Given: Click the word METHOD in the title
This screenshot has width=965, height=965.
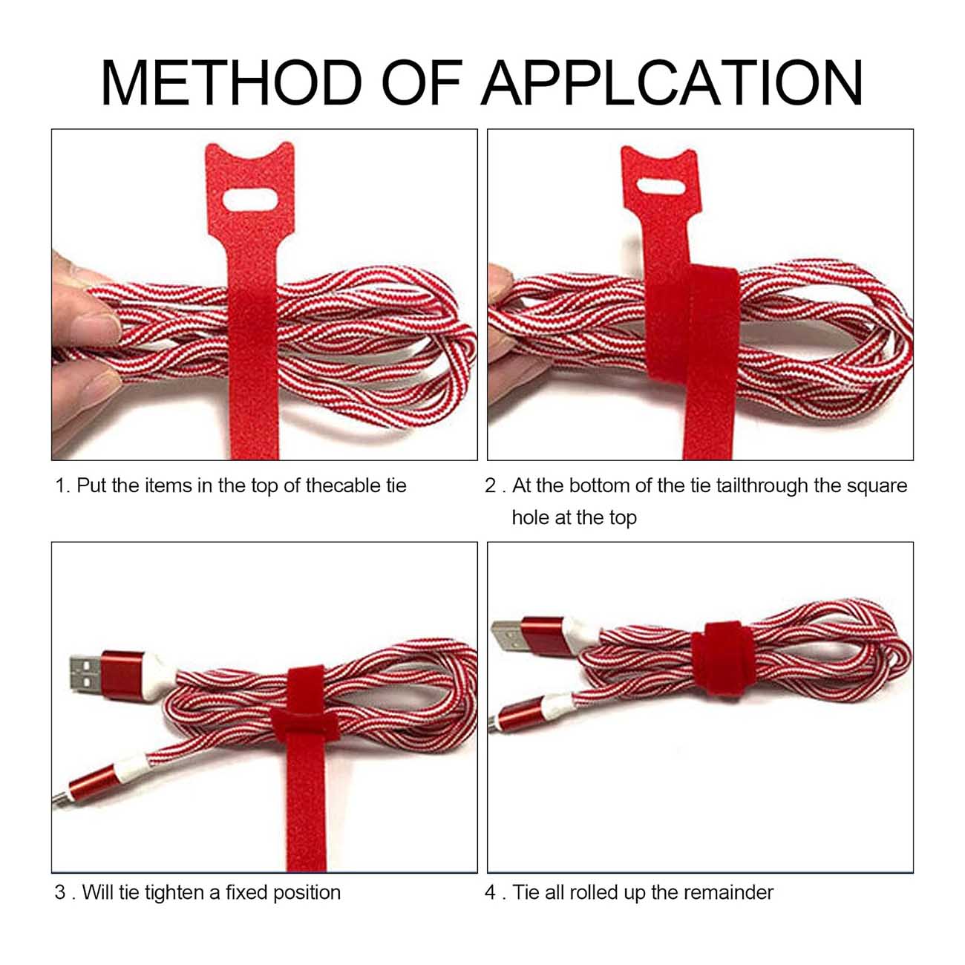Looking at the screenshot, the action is coord(232,82).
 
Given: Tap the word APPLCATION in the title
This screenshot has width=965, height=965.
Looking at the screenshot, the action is coord(673,82).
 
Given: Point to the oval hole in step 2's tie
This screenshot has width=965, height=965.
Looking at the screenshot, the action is coord(661,186).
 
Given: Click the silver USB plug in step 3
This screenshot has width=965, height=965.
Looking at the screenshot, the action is coord(86,673).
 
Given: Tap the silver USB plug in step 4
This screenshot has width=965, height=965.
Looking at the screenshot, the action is coord(507,635).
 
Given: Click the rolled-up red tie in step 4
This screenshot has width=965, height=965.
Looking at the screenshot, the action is coord(724,658).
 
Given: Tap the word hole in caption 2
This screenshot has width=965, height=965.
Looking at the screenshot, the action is coord(530,517).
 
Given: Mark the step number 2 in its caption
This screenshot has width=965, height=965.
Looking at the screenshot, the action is coord(490,485).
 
